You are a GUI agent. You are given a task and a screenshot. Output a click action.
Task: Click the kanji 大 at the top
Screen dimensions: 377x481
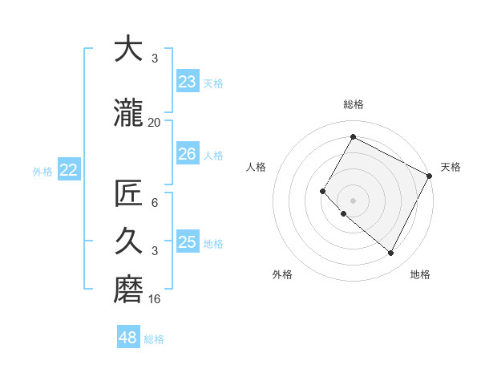pos(127,50)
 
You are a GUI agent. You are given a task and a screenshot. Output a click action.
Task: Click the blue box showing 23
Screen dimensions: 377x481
pos(188,82)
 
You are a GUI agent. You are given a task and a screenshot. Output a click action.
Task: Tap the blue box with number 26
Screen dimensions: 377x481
pos(188,154)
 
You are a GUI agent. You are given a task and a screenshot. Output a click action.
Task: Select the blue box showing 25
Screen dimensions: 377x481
pos(188,242)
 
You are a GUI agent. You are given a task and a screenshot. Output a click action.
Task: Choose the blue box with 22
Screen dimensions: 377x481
pos(69,170)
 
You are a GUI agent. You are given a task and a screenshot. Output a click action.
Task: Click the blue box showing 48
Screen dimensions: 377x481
pos(128,338)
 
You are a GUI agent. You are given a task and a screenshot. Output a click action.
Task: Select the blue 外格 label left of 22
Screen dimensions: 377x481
pos(42,171)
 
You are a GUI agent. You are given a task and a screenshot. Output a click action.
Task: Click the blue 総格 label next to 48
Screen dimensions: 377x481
pos(154,339)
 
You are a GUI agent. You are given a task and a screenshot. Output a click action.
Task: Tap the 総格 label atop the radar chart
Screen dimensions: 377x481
pos(353,104)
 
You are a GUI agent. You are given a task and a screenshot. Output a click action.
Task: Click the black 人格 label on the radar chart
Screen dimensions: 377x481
pos(257,167)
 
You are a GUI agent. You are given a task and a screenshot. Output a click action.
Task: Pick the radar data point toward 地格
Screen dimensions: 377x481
pos(390,253)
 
